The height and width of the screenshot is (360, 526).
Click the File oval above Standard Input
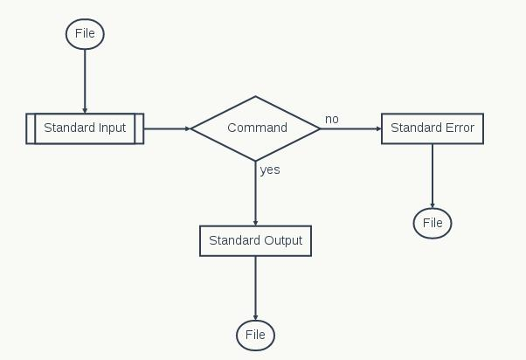coord(85,34)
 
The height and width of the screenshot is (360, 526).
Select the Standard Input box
coord(85,128)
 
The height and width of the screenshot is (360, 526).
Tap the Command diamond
coord(256,128)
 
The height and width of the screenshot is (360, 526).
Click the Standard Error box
coord(432,128)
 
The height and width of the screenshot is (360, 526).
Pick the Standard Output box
coord(255,240)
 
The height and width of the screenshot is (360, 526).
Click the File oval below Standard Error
coord(433,223)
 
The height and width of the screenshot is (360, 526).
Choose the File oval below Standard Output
coord(255,335)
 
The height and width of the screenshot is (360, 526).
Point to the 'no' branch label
coord(332,119)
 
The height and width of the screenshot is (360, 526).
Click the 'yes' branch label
coord(270,170)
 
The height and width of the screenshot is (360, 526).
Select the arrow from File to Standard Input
coord(85,80)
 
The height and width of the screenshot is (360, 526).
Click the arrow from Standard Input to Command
coord(167,128)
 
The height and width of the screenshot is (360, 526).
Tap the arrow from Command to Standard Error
coord(351,128)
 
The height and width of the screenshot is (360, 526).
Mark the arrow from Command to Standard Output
coord(255,193)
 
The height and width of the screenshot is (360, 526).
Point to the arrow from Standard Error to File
coord(433,176)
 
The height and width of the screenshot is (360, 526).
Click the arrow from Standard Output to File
coord(255,288)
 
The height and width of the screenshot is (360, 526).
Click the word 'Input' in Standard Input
coord(112,128)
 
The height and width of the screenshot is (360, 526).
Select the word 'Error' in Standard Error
coord(458,128)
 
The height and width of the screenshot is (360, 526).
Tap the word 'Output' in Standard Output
coord(281,240)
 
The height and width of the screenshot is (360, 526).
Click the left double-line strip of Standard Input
coord(31,128)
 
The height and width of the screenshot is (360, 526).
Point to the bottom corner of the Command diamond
coord(255,161)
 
